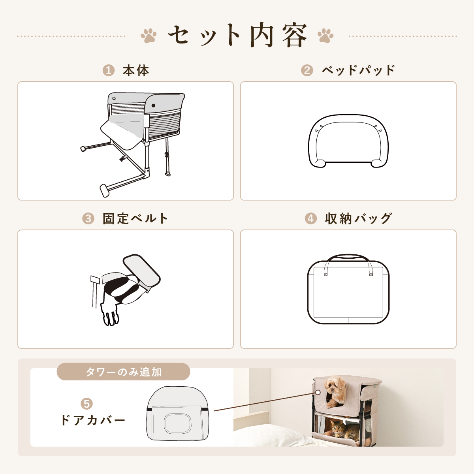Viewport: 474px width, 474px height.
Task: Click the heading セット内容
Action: click(238, 36)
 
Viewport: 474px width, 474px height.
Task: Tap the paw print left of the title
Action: click(149, 36)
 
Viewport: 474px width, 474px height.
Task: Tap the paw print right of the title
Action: click(325, 36)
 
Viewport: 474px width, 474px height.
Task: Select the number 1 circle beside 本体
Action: click(109, 71)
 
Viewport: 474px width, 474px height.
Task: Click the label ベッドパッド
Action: click(359, 70)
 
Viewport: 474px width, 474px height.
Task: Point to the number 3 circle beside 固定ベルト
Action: click(88, 218)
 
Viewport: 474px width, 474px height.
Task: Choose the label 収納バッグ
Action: click(359, 218)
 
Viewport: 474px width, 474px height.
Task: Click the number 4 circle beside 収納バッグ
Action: click(311, 218)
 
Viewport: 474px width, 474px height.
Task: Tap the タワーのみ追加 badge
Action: click(123, 372)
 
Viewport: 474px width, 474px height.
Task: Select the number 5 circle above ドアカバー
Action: click(87, 404)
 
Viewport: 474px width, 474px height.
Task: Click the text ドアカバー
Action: click(93, 420)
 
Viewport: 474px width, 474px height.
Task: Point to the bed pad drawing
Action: click(348, 141)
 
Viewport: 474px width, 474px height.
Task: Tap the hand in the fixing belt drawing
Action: click(110, 314)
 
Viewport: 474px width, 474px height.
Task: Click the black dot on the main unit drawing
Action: click(153, 105)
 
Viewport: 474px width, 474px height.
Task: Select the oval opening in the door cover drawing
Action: click(177, 423)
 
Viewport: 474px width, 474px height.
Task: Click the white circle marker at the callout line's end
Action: click(318, 392)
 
